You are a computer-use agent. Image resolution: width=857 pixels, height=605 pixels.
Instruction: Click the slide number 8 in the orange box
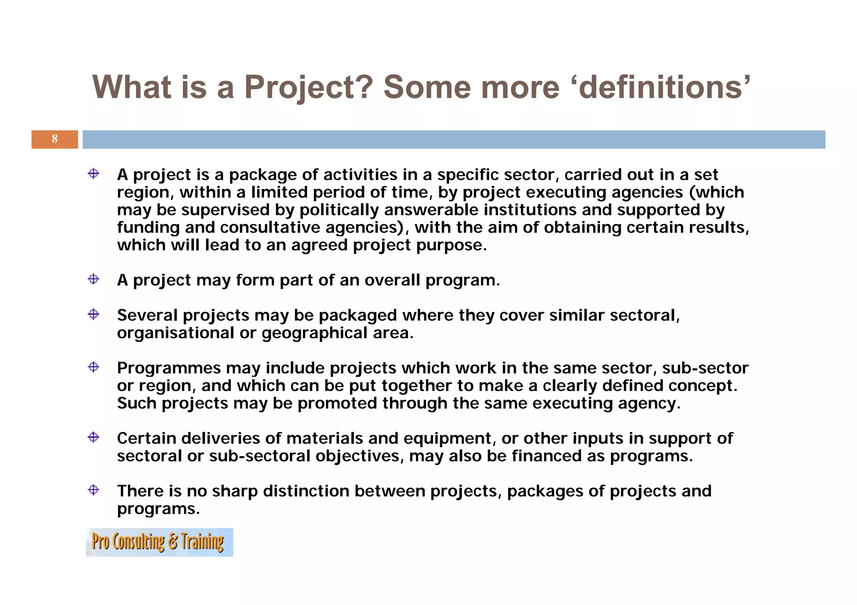point(54,139)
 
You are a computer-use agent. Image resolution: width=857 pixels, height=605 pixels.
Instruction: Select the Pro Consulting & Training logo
point(159,542)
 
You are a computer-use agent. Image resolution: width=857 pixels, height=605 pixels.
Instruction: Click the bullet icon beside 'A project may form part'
point(93,279)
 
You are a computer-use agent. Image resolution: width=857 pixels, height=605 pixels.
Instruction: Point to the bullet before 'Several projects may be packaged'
point(93,314)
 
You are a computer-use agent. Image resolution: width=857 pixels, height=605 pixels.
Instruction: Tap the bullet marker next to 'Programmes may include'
point(93,367)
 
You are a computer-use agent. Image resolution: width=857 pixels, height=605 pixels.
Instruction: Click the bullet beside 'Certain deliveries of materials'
point(93,437)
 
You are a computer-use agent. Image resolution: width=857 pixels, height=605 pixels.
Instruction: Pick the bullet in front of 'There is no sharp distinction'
point(93,490)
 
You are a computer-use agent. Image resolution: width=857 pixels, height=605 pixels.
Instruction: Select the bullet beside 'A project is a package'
point(93,174)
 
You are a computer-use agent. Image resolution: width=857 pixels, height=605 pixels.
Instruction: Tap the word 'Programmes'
point(169,368)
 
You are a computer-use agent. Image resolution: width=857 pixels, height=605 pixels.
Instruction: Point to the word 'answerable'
point(431,210)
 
